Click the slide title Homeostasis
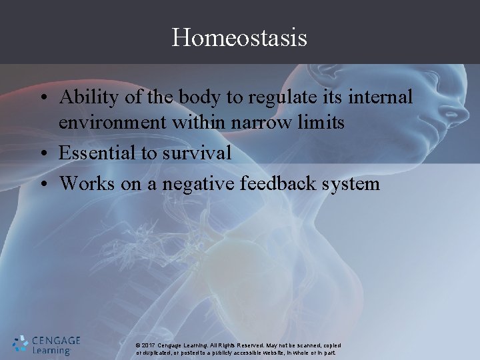click(239, 37)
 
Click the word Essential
click(97, 153)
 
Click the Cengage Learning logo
click(46, 344)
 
